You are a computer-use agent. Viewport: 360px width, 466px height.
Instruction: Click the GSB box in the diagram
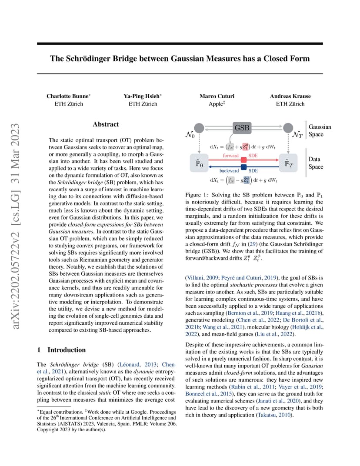tap(242, 128)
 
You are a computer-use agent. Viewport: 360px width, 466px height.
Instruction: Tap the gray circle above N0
tap(199, 128)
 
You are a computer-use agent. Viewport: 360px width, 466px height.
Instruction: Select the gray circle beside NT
tap(288, 128)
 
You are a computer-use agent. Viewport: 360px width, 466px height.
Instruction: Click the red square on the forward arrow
tap(244, 160)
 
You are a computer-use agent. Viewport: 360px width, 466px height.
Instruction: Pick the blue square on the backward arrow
tap(244, 167)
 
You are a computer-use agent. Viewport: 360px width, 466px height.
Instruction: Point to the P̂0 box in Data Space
tap(199, 163)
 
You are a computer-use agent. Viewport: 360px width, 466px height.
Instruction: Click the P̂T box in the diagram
tap(288, 163)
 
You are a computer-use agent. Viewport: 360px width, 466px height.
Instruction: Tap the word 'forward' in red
tap(231, 156)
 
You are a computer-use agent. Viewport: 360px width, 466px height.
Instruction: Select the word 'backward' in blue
tap(229, 170)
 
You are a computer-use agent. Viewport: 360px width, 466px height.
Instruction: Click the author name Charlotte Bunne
tap(68, 96)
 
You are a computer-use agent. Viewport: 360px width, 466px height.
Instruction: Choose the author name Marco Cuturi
tap(217, 96)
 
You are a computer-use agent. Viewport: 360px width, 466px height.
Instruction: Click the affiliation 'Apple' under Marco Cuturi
tap(216, 104)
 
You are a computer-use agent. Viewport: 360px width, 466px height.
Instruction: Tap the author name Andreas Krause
tap(290, 96)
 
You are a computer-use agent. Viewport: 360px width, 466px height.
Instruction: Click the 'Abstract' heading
tap(106, 124)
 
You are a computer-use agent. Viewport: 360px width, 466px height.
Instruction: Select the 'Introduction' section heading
tap(67, 350)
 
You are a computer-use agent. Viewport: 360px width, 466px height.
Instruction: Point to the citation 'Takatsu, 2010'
tap(275, 415)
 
